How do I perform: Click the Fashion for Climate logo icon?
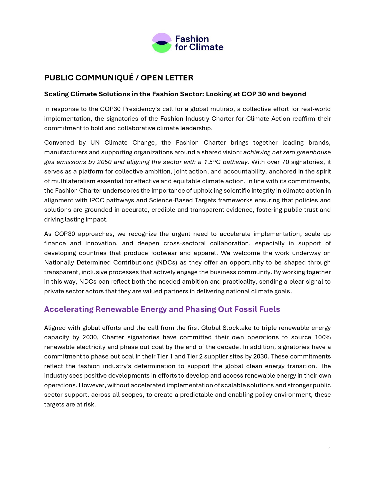click(161, 43)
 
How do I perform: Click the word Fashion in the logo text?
click(192, 39)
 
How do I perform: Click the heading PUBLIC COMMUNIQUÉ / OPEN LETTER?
click(119, 78)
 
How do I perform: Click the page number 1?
click(329, 449)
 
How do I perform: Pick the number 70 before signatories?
click(285, 162)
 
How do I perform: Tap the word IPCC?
click(96, 200)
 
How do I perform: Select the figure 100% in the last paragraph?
click(323, 337)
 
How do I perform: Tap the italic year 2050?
click(104, 162)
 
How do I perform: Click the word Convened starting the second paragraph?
click(59, 143)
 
